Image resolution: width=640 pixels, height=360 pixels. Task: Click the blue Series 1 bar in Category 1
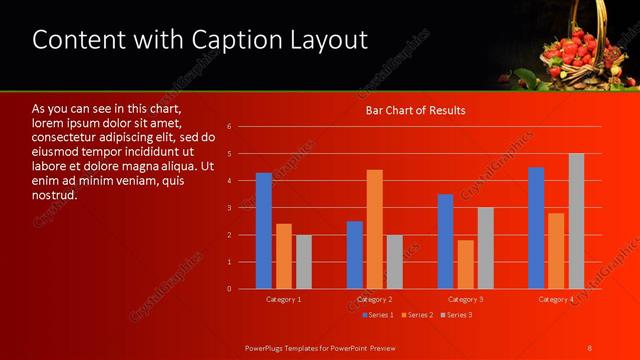tap(264, 231)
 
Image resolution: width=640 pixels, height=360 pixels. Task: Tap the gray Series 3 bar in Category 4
tap(576, 221)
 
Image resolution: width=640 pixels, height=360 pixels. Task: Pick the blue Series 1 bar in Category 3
tap(446, 241)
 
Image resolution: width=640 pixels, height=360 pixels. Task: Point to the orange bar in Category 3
tap(465, 264)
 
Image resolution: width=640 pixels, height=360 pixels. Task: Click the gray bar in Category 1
tap(303, 262)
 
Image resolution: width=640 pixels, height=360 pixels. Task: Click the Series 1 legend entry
tap(377, 315)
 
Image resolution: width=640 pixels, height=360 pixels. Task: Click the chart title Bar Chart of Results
tap(415, 110)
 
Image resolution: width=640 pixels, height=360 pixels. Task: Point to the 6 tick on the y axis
tap(230, 127)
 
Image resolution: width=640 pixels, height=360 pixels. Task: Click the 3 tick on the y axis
tap(230, 208)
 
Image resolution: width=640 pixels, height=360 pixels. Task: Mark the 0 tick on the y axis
tap(230, 289)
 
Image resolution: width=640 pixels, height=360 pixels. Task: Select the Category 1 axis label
tap(284, 299)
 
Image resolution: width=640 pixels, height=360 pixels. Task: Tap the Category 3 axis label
tap(465, 299)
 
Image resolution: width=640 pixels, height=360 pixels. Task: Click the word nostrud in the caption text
tap(55, 195)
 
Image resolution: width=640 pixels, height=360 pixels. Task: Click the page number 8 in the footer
tap(590, 347)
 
